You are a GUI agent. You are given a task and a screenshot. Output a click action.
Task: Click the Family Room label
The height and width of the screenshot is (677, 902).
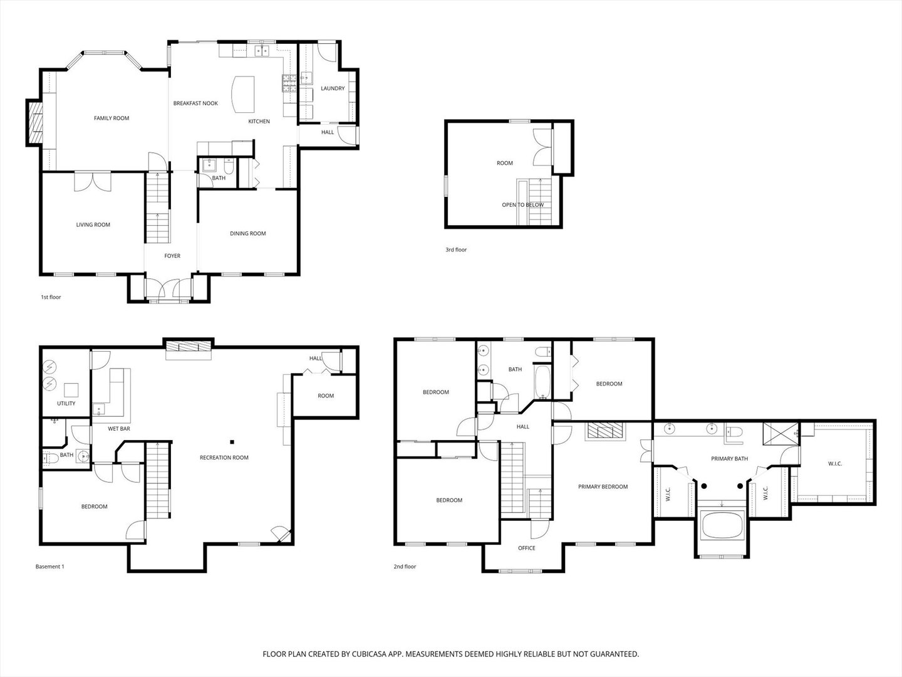111,118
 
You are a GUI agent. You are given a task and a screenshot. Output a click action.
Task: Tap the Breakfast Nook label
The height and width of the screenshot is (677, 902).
195,103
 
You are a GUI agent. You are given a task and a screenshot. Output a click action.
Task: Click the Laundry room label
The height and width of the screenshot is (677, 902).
333,88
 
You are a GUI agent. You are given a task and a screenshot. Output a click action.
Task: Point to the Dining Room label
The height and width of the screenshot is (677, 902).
248,233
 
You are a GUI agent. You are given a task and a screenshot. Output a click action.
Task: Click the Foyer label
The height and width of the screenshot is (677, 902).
172,256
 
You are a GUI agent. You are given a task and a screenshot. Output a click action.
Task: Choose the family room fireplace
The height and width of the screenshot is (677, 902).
36,123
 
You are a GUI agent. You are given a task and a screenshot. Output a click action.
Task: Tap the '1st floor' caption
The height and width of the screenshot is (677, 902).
51,297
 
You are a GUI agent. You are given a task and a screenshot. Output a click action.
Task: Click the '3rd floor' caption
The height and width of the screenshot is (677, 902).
456,249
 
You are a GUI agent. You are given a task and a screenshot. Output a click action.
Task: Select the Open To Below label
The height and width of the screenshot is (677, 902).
522,205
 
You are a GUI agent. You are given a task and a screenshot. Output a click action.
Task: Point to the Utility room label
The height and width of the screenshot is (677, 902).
66,403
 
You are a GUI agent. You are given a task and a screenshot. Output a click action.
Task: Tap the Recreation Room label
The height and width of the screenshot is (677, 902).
224,458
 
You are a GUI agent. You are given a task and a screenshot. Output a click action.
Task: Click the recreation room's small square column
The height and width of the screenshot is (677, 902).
231,441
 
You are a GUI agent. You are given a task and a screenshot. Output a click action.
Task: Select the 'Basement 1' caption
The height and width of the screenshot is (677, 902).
49,567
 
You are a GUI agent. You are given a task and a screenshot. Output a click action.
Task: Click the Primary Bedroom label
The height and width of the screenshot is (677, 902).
603,486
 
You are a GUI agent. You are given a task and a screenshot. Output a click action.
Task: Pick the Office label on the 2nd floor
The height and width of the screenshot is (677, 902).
527,548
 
